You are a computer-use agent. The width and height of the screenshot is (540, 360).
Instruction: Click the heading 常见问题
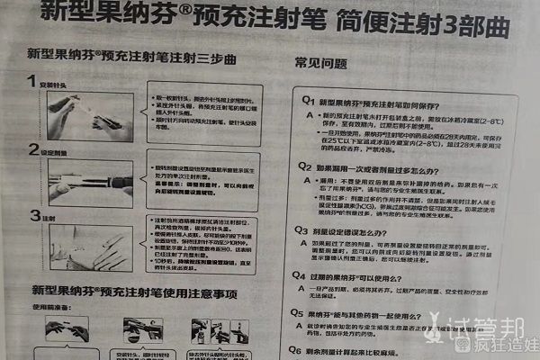321,64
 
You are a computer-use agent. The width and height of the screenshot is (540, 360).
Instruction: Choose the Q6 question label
306,348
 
